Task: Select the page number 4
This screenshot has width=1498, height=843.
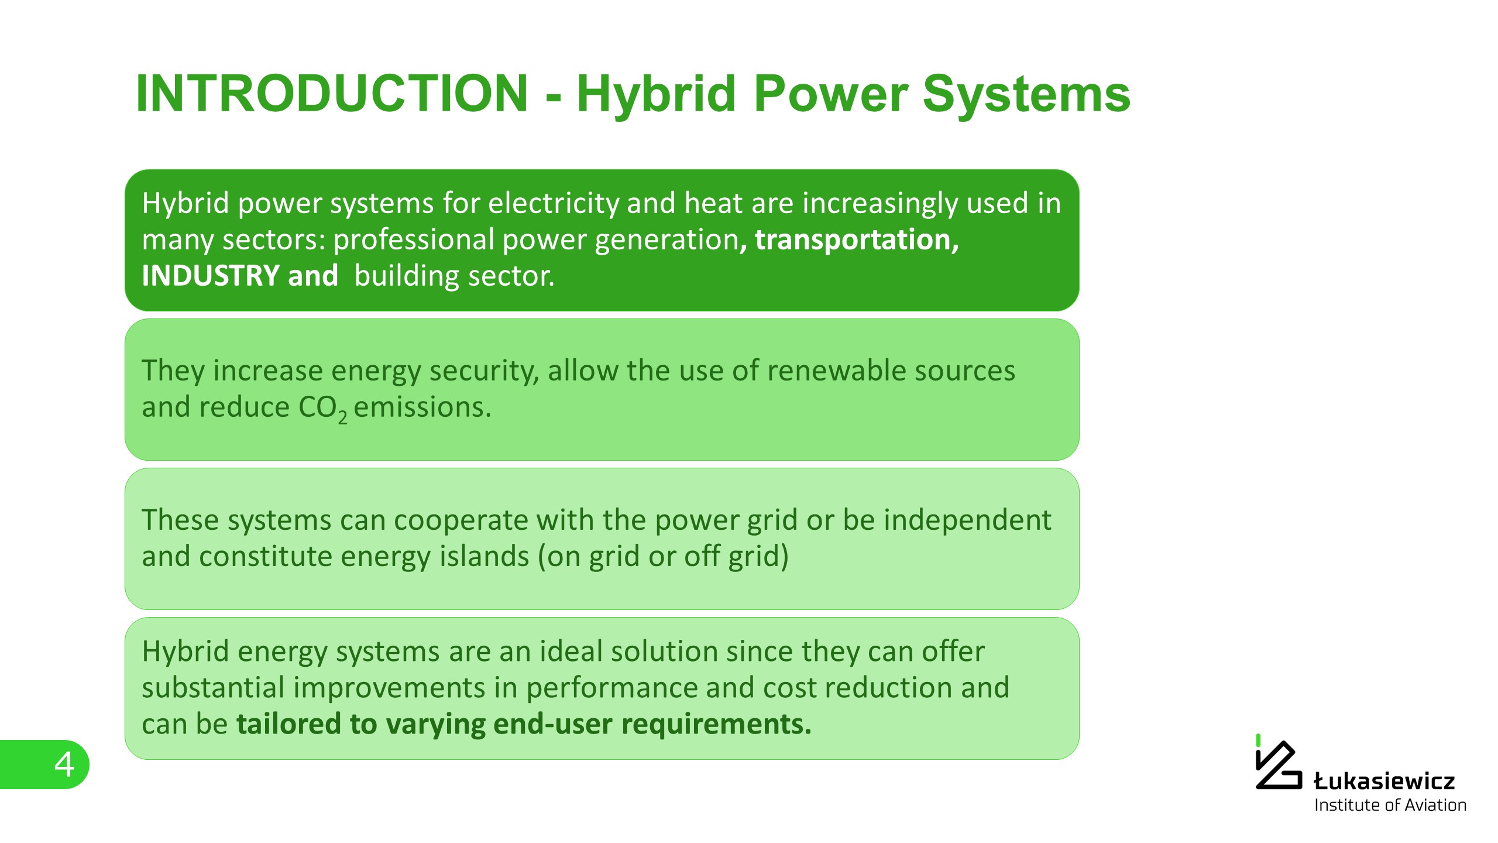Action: [64, 765]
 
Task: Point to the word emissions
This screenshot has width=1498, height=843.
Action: [422, 407]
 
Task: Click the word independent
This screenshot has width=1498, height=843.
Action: [967, 520]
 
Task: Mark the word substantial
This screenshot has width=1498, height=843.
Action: [213, 687]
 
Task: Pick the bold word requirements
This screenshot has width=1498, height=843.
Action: [716, 725]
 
